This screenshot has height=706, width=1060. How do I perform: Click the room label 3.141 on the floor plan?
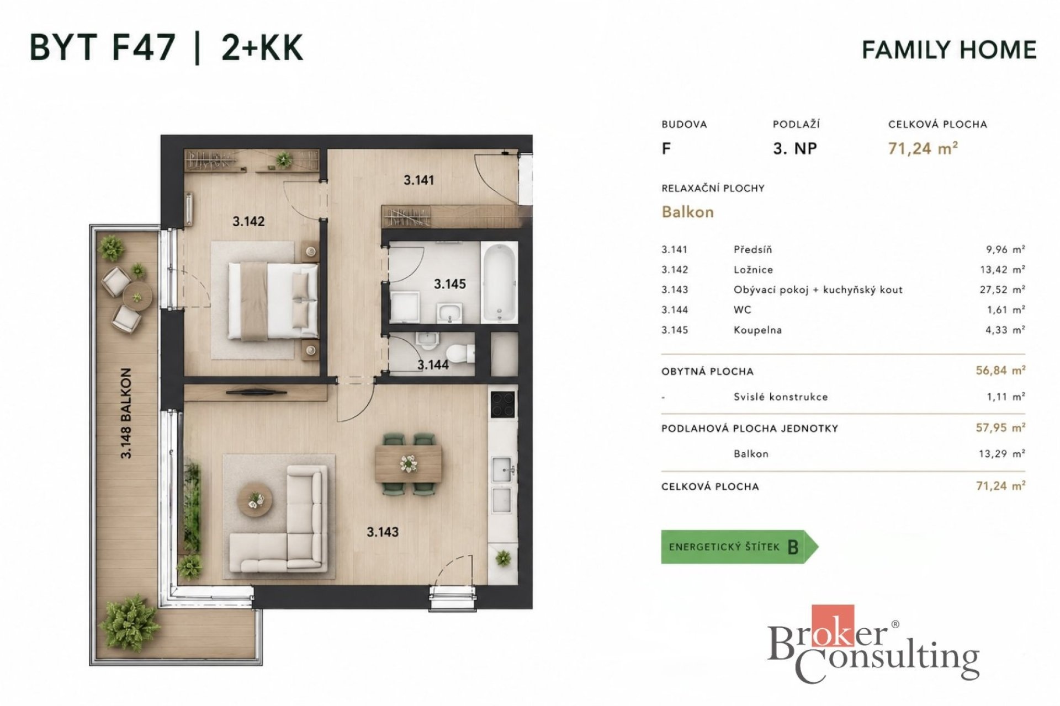coord(418,180)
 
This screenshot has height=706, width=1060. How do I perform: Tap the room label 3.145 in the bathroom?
coord(449,284)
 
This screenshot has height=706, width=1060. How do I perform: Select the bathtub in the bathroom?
coord(499,282)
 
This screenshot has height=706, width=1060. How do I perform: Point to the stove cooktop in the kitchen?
coord(503,404)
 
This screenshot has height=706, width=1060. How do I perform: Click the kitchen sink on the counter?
coord(503,470)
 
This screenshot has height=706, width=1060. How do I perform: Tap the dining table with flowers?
coord(408,464)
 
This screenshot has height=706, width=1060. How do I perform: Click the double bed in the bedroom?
coord(274,299)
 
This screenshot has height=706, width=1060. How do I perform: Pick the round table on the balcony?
coord(136,296)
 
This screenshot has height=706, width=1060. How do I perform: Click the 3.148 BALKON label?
coord(126,413)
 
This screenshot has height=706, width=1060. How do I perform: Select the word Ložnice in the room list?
coord(753,270)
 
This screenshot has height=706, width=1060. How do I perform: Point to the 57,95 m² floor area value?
coord(1000,427)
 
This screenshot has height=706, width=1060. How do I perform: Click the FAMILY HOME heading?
coord(949,50)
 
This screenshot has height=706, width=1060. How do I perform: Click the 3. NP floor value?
coord(795,148)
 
